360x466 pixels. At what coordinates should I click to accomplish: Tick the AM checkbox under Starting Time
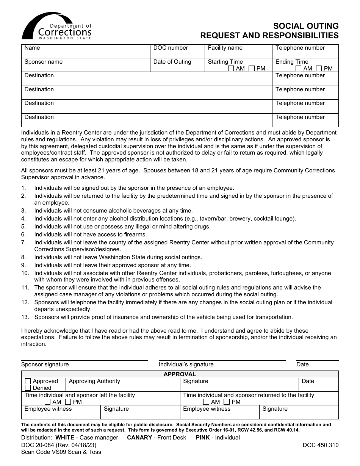tap(231, 69)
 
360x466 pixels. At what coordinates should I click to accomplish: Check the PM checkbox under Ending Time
tap(319, 69)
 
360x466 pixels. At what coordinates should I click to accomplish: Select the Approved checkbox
tap(28, 381)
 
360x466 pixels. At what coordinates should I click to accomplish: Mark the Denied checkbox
tap(28, 388)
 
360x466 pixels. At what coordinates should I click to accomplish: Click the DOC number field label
tap(171, 48)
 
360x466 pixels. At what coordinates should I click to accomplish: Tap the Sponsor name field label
tap(43, 62)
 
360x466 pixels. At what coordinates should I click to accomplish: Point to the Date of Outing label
tap(172, 62)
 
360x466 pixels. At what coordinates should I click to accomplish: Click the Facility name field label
tap(225, 48)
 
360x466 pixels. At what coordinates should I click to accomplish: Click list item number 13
tap(163, 317)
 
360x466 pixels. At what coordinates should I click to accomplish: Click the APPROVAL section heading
tap(180, 374)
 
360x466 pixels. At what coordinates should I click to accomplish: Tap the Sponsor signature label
tap(45, 364)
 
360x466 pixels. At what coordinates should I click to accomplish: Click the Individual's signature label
tap(186, 364)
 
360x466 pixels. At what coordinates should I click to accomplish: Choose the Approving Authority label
tap(94, 381)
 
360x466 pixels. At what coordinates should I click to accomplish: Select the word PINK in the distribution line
tap(203, 438)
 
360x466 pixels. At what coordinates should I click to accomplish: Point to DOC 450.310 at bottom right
tap(321, 445)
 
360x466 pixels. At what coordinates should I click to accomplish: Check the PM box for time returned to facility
tap(226, 402)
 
